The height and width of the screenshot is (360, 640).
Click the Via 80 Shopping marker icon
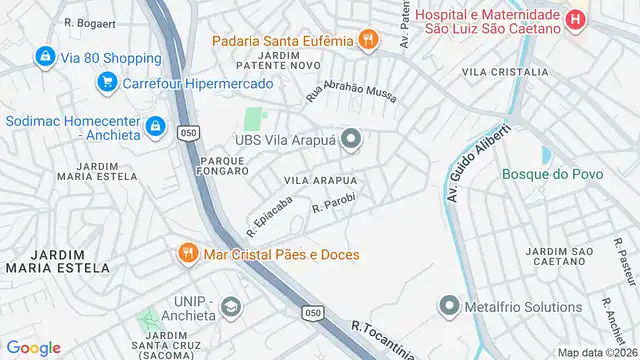pyautogui.click(x=45, y=58)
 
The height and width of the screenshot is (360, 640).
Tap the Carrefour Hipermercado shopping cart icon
pyautogui.click(x=107, y=82)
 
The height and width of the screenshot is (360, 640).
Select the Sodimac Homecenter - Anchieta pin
pyautogui.click(x=155, y=127)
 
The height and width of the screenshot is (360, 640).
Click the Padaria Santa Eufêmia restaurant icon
pyautogui.click(x=368, y=40)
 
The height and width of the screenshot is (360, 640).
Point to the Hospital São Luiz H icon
pyautogui.click(x=576, y=20)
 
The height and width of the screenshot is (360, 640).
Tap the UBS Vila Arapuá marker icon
pyautogui.click(x=349, y=140)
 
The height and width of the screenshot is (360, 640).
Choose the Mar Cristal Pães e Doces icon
pyautogui.click(x=187, y=254)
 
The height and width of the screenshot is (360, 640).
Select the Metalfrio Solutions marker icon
pyautogui.click(x=446, y=307)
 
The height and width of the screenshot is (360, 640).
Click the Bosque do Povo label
pyautogui.click(x=544, y=174)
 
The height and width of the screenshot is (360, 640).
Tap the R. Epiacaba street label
pyautogui.click(x=271, y=211)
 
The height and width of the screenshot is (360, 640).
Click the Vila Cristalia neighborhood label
pyautogui.click(x=504, y=72)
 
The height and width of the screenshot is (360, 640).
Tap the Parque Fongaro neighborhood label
pyautogui.click(x=224, y=165)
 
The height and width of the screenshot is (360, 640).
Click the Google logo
pyautogui.click(x=33, y=347)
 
